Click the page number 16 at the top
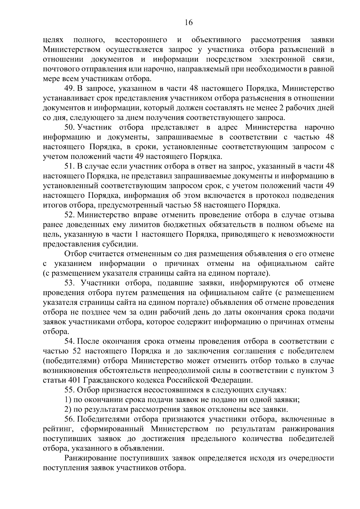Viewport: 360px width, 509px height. [189, 23]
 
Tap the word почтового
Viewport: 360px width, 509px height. [60, 69]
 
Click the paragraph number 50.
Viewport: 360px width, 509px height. [70, 128]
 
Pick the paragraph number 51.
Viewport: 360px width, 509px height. [70, 166]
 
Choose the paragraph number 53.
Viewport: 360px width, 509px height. [70, 283]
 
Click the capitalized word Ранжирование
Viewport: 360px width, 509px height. [90, 458]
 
